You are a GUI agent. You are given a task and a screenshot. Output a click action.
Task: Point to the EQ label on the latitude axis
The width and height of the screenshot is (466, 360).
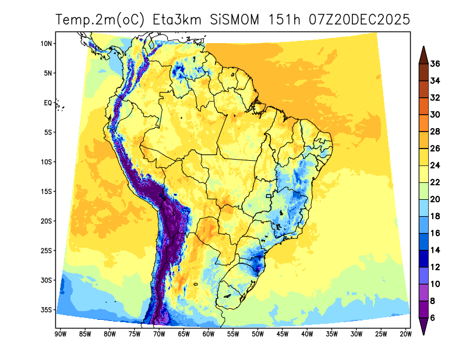(48, 103)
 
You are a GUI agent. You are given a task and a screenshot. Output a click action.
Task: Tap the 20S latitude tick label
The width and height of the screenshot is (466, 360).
(47, 221)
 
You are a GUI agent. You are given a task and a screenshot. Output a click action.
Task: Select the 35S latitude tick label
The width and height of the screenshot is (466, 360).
(47, 310)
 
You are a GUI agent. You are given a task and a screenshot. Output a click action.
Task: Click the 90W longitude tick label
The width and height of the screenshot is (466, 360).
(59, 334)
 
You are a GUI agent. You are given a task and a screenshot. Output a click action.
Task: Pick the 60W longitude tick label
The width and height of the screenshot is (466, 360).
(208, 334)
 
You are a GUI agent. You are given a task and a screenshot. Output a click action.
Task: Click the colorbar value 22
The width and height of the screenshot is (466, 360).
(435, 182)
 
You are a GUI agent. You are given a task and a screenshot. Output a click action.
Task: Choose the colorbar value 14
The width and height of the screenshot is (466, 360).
(435, 250)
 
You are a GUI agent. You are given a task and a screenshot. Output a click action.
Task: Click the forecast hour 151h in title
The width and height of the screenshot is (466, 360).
(284, 19)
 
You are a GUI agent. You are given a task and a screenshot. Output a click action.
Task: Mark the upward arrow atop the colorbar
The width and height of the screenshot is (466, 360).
(423, 53)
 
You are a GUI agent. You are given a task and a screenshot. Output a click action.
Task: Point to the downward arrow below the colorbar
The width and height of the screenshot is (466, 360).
(423, 327)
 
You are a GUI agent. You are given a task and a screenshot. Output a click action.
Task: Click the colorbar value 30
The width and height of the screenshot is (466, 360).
(435, 115)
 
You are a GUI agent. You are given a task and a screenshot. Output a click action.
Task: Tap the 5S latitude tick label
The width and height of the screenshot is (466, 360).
(47, 133)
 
